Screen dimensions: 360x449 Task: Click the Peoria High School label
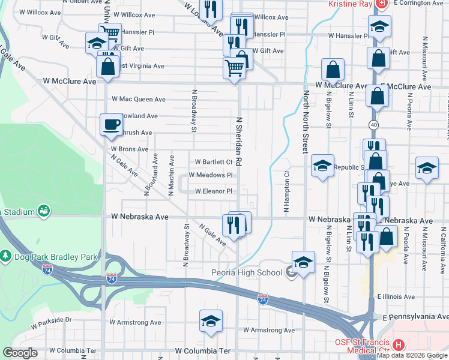tap(248, 272)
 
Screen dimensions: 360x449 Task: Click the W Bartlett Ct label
tap(214, 162)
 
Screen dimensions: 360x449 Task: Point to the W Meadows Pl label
tap(210, 175)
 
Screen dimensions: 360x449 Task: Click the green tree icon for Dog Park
tap(6, 256)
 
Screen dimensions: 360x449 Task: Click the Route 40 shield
tap(373, 124)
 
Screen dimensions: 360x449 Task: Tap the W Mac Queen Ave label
tap(139, 99)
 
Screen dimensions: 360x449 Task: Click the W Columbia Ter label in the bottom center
tap(203, 350)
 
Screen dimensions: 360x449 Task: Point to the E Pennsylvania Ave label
tap(411, 316)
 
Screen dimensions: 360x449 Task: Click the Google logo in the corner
tap(20, 353)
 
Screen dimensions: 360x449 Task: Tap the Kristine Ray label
tap(349, 4)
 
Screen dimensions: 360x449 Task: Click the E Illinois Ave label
tap(397, 296)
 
